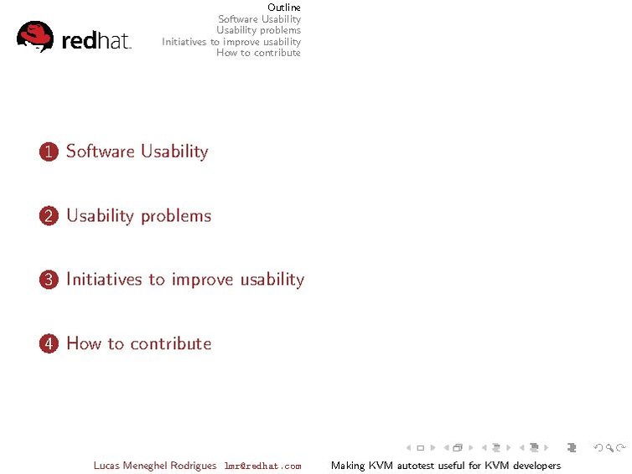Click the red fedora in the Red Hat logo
click(x=35, y=36)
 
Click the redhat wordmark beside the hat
click(x=96, y=41)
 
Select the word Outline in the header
click(x=284, y=8)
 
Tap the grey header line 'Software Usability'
click(x=260, y=19)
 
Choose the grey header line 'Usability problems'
click(x=259, y=30)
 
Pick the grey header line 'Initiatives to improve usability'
click(x=231, y=42)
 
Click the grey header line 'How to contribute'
click(x=258, y=53)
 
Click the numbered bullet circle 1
click(x=49, y=152)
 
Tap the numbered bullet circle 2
click(x=49, y=216)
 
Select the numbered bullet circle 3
click(x=49, y=280)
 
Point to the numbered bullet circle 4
click(x=49, y=343)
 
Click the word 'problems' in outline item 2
click(x=176, y=217)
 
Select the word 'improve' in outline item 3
click(x=202, y=280)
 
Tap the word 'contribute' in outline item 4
click(x=171, y=343)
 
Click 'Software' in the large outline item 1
click(x=101, y=151)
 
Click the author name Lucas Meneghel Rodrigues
click(x=155, y=466)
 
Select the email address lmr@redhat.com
click(x=263, y=466)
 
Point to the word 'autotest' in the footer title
click(x=416, y=466)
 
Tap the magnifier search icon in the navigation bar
click(x=609, y=447)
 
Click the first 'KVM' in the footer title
click(x=381, y=466)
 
